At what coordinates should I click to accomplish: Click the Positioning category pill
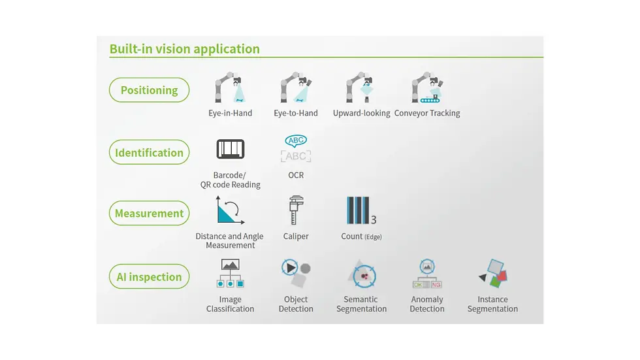pyautogui.click(x=149, y=90)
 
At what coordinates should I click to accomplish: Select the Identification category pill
pyautogui.click(x=149, y=152)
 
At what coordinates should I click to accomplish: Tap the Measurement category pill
pyautogui.click(x=149, y=213)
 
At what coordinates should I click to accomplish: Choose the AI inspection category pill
pyautogui.click(x=149, y=276)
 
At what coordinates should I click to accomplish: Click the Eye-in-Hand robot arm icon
pyautogui.click(x=230, y=88)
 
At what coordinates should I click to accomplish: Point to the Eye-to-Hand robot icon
pyautogui.click(x=295, y=88)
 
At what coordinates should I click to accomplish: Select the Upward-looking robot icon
pyautogui.click(x=360, y=88)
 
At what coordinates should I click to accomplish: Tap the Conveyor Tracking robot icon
pyautogui.click(x=427, y=88)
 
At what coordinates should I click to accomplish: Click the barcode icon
pyautogui.click(x=230, y=149)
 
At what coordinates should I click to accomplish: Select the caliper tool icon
pyautogui.click(x=295, y=210)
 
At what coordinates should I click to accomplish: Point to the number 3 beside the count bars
pyautogui.click(x=374, y=220)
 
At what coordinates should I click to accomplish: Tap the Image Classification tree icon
pyautogui.click(x=230, y=273)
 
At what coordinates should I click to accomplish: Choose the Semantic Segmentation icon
pyautogui.click(x=362, y=274)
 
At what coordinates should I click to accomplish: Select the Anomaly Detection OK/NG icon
pyautogui.click(x=427, y=273)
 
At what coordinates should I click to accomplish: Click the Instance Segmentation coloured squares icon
pyautogui.click(x=493, y=273)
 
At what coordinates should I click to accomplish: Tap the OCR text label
pyautogui.click(x=296, y=175)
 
